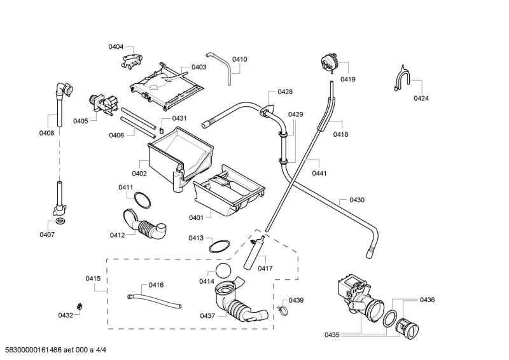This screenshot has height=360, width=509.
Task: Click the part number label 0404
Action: (116, 47)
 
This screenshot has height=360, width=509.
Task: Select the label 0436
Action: (427, 300)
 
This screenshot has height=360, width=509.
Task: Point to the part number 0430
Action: (356, 200)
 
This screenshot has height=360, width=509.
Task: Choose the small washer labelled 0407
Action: (60, 221)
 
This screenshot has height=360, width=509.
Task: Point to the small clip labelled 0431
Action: (161, 131)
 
